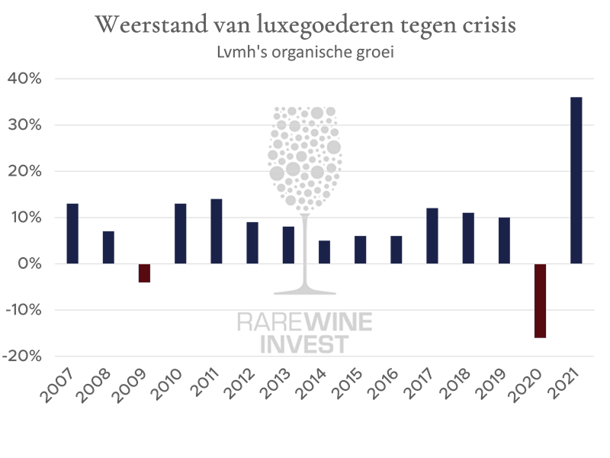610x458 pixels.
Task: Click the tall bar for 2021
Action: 576,180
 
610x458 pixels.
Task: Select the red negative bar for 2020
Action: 540,301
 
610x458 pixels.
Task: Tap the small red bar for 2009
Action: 144,273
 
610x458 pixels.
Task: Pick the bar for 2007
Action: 72,234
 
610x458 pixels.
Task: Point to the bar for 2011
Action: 216,231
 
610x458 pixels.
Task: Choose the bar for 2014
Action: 324,252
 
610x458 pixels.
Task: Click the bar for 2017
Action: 432,236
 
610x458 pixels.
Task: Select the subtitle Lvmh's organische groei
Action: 305,53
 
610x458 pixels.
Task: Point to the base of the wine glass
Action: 305,291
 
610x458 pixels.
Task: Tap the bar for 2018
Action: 468,238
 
